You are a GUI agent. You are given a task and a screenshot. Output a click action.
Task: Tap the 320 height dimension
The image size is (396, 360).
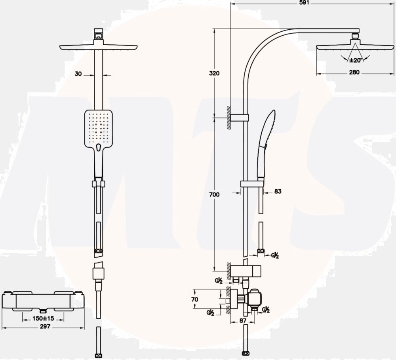pyautogui.click(x=214, y=73)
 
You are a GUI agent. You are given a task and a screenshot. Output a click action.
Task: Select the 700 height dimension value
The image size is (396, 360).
pyautogui.click(x=214, y=194)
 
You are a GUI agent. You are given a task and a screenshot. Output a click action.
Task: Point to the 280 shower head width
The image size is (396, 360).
pyautogui.click(x=354, y=72)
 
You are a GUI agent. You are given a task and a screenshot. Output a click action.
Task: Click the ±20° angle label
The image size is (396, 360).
pyautogui.click(x=356, y=60)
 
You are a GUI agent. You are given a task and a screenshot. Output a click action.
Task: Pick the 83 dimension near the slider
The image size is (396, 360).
pyautogui.click(x=278, y=191)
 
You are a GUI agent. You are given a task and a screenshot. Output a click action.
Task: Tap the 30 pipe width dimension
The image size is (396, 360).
pyautogui.click(x=78, y=74)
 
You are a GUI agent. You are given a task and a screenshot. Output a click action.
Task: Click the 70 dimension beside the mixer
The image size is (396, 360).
pyautogui.click(x=195, y=299)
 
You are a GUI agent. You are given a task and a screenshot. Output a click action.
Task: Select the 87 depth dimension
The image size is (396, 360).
pyautogui.click(x=243, y=320)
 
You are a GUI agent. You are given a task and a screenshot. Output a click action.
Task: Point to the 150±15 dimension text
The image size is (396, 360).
pyautogui.click(x=43, y=318)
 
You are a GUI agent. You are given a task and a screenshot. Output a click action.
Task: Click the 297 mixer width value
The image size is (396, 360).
pyautogui.click(x=45, y=326)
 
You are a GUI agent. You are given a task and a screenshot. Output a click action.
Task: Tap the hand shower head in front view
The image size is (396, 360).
pyautogui.click(x=99, y=129)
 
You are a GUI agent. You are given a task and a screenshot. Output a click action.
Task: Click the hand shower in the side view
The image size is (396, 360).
pyautogui.click(x=266, y=144)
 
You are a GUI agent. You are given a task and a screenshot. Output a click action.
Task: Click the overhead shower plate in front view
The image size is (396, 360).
pyautogui.click(x=99, y=47)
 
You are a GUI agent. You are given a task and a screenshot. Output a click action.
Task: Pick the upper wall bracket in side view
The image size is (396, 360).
pyautogui.click(x=240, y=118)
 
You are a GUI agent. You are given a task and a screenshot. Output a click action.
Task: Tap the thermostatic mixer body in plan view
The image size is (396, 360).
pyautogui.click(x=43, y=301)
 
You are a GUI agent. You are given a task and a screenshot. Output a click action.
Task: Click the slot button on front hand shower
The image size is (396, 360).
pyautogui.click(x=99, y=147)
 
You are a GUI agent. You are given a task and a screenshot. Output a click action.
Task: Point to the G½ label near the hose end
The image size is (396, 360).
pyautogui.click(x=275, y=255)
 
